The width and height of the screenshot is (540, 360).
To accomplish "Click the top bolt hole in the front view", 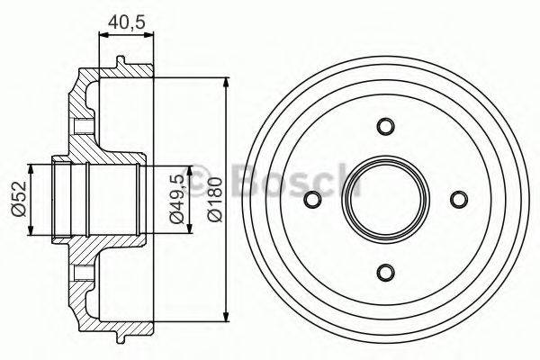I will tap(385, 125).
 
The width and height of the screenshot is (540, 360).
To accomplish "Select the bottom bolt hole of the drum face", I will tap(385, 272).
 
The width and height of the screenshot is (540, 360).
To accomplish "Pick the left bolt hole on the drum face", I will tap(312, 199).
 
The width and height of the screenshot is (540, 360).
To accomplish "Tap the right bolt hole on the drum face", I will tap(458, 199).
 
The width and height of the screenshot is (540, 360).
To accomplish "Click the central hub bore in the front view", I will tap(385, 199).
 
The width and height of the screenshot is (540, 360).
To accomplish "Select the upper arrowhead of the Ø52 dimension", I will tap(33, 167).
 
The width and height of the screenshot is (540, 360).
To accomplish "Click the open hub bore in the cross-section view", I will tap(94, 199).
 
